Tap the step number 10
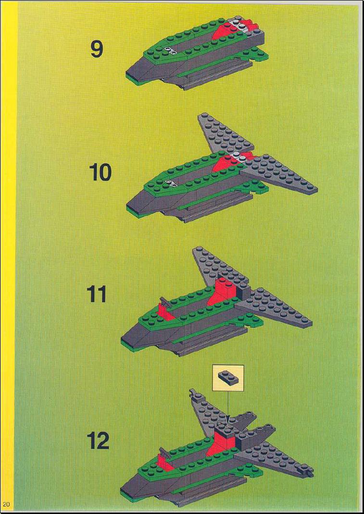(100, 173)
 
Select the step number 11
(97, 294)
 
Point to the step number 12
(98, 441)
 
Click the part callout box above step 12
(228, 378)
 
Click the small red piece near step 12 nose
(163, 462)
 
